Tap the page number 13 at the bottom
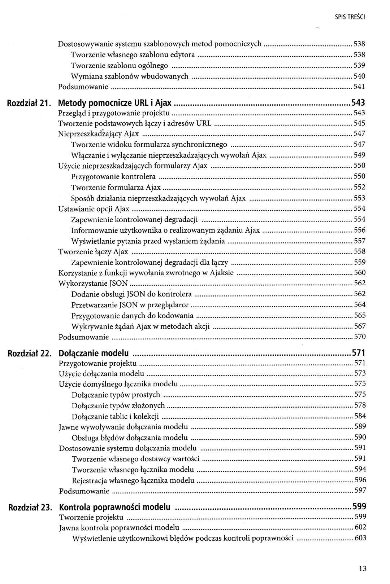click(363, 569)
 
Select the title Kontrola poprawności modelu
click(114, 507)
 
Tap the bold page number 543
click(359, 102)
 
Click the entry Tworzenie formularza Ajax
click(116, 188)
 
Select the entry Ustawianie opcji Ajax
click(94, 209)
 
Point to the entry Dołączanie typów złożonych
click(118, 405)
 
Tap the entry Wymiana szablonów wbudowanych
click(130, 76)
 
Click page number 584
click(360, 416)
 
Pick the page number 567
click(360, 326)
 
